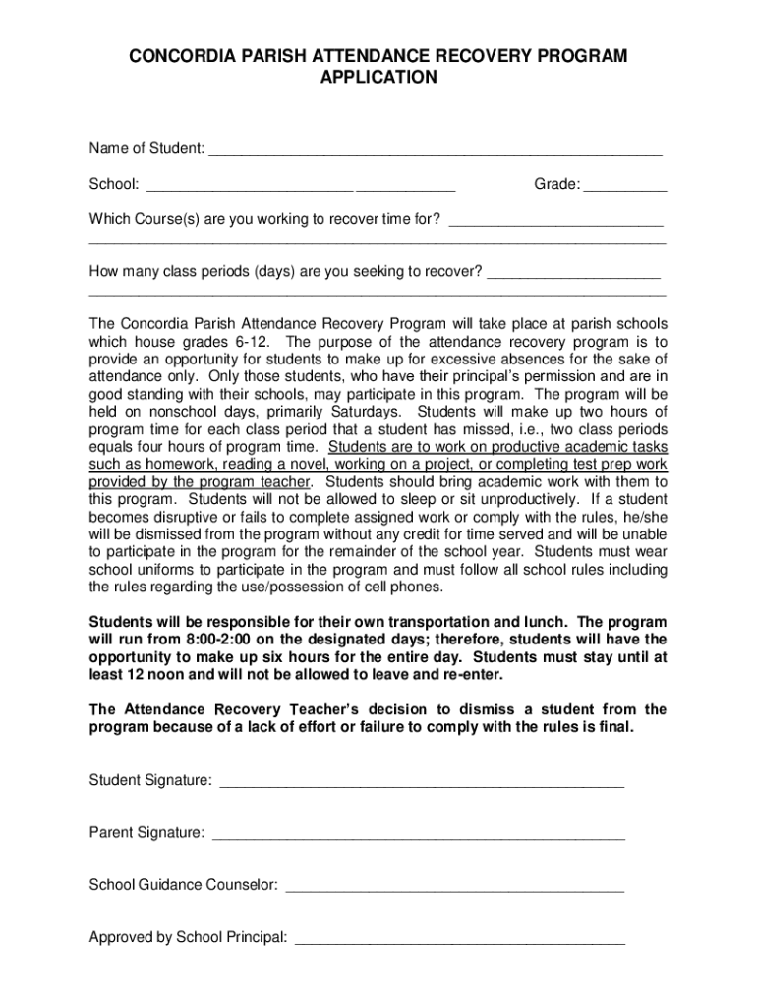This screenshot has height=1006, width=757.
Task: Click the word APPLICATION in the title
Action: pyautogui.click(x=378, y=77)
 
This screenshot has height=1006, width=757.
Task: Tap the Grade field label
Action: pyautogui.click(x=556, y=184)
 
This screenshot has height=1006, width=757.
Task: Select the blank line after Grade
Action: pyautogui.click(x=625, y=187)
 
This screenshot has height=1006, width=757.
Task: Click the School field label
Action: pyautogui.click(x=114, y=184)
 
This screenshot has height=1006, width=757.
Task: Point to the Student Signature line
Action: pyautogui.click(x=422, y=784)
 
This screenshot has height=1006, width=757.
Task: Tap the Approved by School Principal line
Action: pyautogui.click(x=460, y=941)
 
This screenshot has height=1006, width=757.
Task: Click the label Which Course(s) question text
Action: pyautogui.click(x=264, y=218)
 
